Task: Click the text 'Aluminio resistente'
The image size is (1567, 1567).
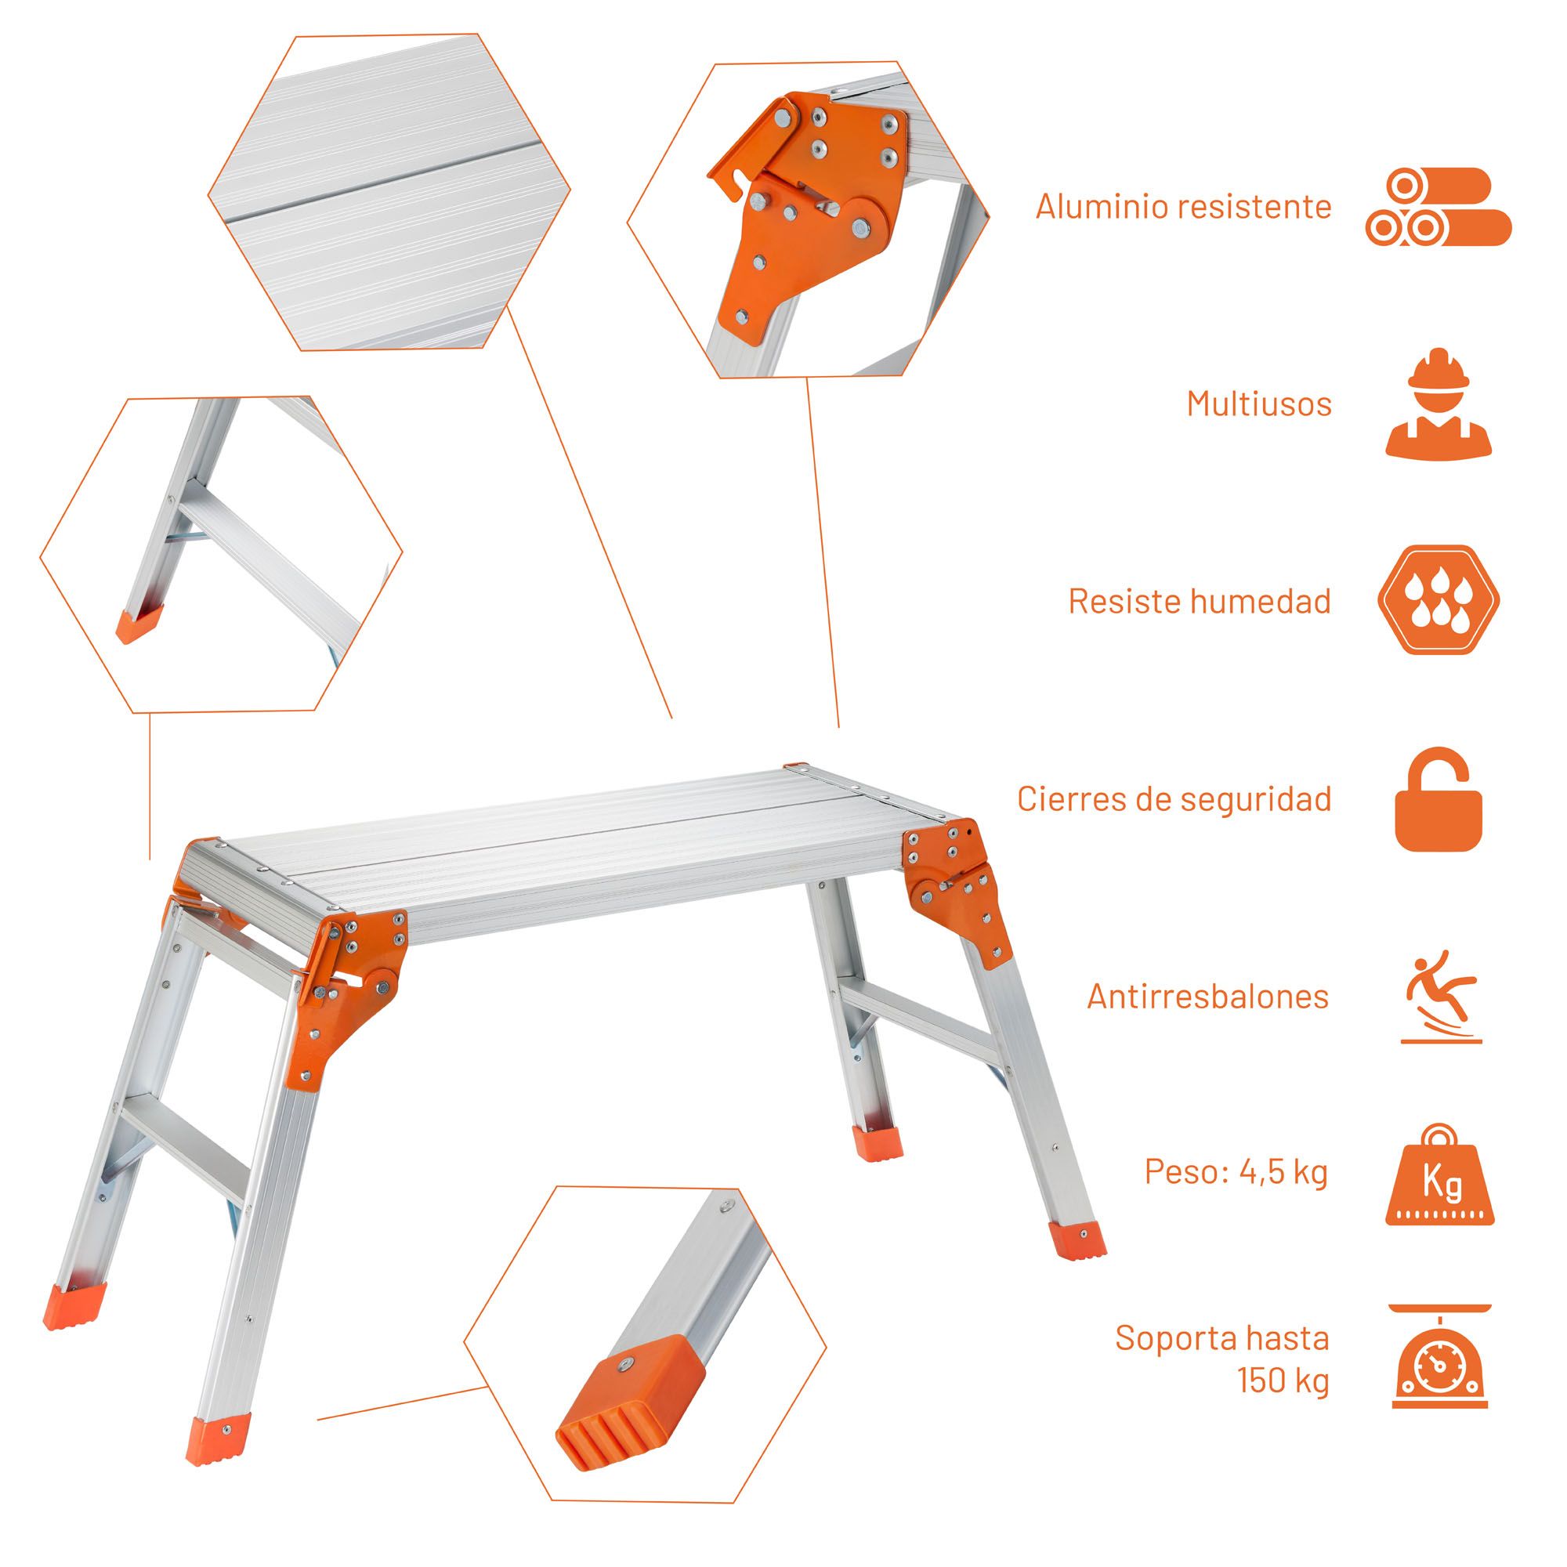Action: pyautogui.click(x=1183, y=207)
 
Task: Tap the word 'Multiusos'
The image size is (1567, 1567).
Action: pyautogui.click(x=1259, y=404)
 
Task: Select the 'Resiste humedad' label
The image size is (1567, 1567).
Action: pyautogui.click(x=1200, y=601)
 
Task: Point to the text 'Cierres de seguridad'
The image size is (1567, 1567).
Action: pyautogui.click(x=1174, y=799)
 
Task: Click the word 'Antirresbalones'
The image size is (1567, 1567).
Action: pyautogui.click(x=1207, y=996)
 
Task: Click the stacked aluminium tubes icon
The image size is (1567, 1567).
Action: pyautogui.click(x=1438, y=207)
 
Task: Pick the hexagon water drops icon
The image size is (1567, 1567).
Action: pyautogui.click(x=1438, y=600)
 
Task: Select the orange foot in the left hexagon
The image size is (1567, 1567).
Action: pyautogui.click(x=139, y=624)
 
